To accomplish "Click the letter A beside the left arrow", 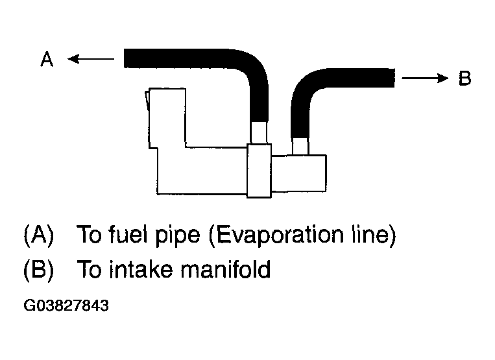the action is pos(47,59).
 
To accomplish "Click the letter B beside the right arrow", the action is pos(465,78).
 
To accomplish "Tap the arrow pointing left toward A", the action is pos(91,58).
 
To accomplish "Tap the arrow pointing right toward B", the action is pos(425,78).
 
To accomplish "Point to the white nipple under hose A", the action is pos(259,133).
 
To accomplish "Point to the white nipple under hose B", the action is pos(300,147).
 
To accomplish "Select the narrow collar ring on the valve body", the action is pos(259,171).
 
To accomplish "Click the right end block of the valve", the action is pos(298,173).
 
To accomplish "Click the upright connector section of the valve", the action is pos(166,118).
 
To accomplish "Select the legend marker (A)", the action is pos(39,235).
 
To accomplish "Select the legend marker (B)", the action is pos(39,269).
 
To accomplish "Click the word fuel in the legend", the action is pos(128,234).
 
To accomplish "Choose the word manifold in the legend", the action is pos(226,269).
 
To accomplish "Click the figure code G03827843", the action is pos(66,306).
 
